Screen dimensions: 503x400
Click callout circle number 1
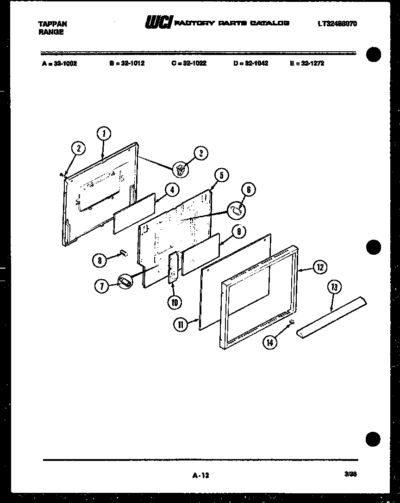click(104, 134)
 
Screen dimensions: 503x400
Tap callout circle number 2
click(79, 148)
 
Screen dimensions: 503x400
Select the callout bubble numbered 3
click(201, 154)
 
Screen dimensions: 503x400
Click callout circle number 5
click(221, 175)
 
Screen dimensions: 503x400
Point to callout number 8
click(100, 260)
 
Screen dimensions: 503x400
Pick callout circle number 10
click(175, 302)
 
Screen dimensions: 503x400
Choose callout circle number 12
click(320, 267)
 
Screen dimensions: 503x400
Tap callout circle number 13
click(333, 287)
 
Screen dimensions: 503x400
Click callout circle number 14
click(270, 343)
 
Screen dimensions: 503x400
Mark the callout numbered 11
click(181, 325)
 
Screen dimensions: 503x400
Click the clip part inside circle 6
click(237, 210)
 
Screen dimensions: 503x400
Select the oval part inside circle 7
click(125, 281)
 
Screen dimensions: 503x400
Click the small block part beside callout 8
click(123, 252)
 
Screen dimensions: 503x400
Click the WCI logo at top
click(159, 22)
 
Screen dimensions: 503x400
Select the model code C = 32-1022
click(188, 63)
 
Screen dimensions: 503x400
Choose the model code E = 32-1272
click(306, 63)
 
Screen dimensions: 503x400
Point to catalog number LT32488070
click(337, 24)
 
